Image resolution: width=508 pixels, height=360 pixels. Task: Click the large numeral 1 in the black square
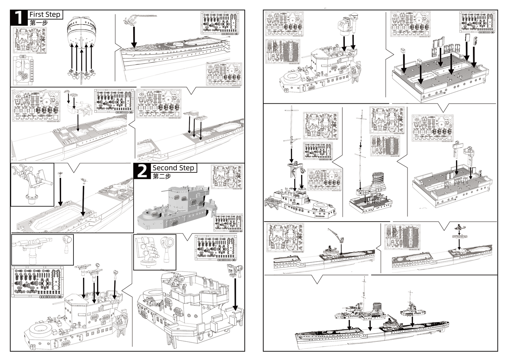click(19, 18)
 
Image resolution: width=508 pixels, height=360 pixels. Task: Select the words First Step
click(45, 14)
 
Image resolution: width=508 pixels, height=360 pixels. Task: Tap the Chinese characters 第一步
click(39, 23)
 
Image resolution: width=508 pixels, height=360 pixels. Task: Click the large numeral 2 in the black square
click(142, 171)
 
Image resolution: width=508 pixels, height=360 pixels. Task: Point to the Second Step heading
click(173, 168)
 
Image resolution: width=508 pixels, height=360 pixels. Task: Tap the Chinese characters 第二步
click(162, 176)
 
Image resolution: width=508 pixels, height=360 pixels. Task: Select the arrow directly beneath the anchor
click(134, 37)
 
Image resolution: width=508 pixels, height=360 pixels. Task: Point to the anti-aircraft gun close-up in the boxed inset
click(32, 183)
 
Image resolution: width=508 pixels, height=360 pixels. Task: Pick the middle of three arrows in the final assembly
click(370, 326)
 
